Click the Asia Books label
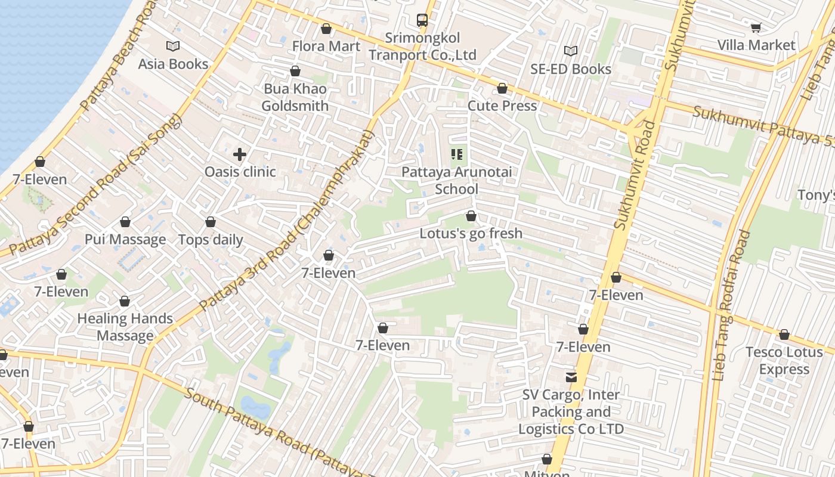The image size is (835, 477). (173, 64)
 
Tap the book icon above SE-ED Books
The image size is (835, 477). (571, 51)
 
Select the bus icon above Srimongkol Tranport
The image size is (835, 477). (422, 20)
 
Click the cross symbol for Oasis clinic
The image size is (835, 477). (240, 154)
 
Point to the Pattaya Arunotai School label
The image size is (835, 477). (456, 180)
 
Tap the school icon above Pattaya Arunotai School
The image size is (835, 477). (457, 154)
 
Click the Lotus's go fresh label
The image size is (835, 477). (471, 233)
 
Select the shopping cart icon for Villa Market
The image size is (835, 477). (756, 27)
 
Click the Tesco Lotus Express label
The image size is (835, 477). (784, 361)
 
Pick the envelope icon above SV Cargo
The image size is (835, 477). (571, 377)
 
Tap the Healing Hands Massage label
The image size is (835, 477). (125, 327)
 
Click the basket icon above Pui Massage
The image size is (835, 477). (125, 222)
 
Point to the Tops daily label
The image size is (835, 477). (211, 240)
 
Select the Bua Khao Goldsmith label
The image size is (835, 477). (295, 97)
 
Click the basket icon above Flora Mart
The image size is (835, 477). (326, 28)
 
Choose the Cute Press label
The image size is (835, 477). (502, 106)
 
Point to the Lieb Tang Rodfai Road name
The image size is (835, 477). (731, 304)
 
